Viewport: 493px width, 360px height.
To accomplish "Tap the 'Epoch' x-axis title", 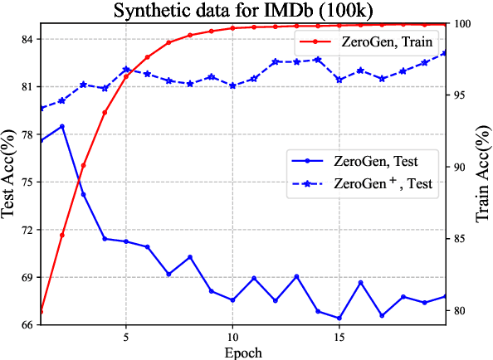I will (242, 352).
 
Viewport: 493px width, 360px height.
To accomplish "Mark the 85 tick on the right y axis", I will (461, 239).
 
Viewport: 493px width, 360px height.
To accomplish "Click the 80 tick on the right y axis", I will (461, 310).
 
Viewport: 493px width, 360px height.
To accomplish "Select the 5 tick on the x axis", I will (125, 337).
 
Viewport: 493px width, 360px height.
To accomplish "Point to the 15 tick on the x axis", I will (339, 337).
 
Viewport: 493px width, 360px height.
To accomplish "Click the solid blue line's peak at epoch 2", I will (62, 126).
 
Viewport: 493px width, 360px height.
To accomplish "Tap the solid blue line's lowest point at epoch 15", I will (339, 318).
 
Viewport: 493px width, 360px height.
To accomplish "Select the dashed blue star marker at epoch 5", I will (126, 70).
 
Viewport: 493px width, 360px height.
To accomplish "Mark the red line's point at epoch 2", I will (62, 235).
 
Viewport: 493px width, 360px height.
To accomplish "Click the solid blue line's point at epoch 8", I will (190, 257).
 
